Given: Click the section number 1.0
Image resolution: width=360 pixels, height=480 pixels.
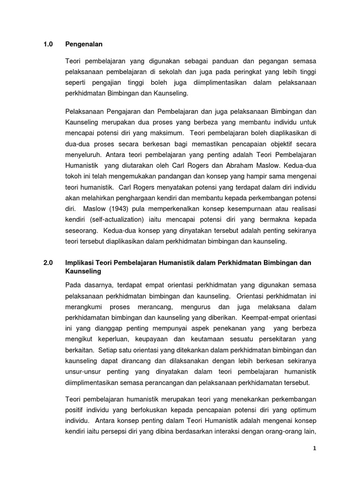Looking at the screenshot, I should tap(48, 45).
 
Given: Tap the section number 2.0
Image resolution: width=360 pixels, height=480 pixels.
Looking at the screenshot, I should tap(48, 263).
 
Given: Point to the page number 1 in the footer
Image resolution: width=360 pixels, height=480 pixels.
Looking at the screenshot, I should tap(315, 448).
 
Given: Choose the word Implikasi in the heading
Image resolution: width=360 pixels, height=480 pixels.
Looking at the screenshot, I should tap(80, 263).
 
